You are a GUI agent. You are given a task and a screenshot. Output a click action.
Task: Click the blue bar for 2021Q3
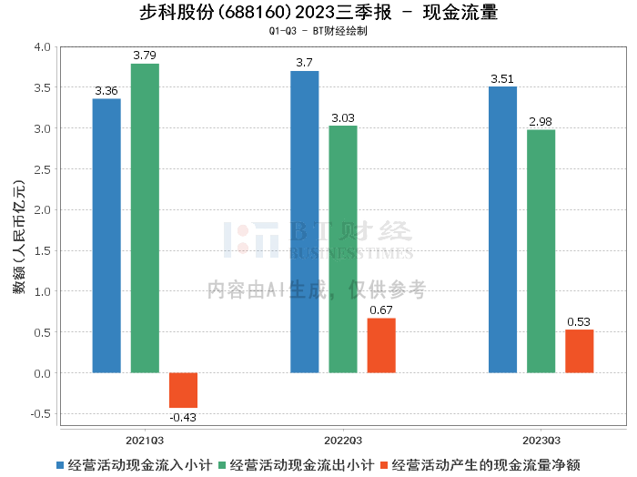pyautogui.click(x=106, y=236)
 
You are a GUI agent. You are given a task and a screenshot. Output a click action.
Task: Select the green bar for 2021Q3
pyautogui.click(x=145, y=218)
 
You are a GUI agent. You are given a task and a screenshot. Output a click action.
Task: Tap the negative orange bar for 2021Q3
pyautogui.click(x=183, y=390)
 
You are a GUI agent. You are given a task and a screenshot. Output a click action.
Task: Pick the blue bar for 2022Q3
pyautogui.click(x=305, y=222)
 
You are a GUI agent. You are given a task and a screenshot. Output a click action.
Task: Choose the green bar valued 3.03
pyautogui.click(x=343, y=249)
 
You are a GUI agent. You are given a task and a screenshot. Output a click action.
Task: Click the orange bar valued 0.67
pyautogui.click(x=381, y=345)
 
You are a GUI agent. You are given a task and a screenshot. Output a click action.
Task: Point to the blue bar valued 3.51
pyautogui.click(x=502, y=229)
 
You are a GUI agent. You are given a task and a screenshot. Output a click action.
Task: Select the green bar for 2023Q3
pyautogui.click(x=541, y=251)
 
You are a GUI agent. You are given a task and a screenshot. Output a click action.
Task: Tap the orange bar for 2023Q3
pyautogui.click(x=579, y=350)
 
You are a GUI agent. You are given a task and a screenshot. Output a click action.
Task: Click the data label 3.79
pyautogui.click(x=145, y=56)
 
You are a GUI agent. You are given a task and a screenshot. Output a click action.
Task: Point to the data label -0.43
pyautogui.click(x=183, y=417)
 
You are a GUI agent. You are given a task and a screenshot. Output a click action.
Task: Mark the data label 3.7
pyautogui.click(x=305, y=63)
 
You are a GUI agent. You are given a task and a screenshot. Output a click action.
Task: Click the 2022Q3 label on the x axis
pyautogui.click(x=343, y=439)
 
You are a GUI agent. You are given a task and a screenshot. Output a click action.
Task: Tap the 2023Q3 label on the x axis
pyautogui.click(x=541, y=439)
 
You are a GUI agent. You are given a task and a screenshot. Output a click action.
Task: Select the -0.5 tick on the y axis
pyautogui.click(x=40, y=413)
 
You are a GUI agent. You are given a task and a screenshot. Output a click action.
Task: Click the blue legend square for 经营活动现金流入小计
pyautogui.click(x=61, y=464)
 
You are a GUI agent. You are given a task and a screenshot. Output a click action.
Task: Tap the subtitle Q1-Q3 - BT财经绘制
pyautogui.click(x=318, y=31)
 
